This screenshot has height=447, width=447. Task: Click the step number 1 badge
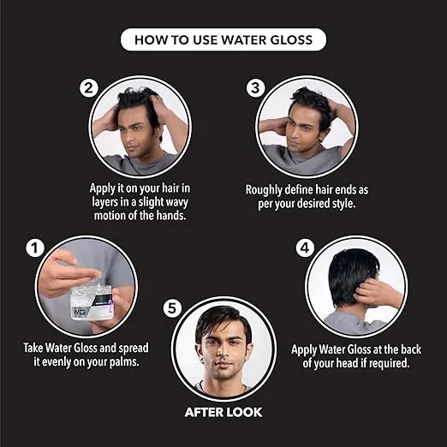[36, 248]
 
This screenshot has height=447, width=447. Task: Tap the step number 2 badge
[89, 87]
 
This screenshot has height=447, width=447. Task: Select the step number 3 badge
[255, 87]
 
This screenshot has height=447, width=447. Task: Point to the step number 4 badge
[305, 248]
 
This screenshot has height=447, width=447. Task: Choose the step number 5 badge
[174, 306]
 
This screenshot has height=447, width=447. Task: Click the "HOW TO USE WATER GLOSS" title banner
[223, 39]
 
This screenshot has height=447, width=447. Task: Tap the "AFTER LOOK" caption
[223, 412]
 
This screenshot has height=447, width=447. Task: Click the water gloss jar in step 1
[90, 300]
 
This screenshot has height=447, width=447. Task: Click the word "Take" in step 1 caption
[36, 349]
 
